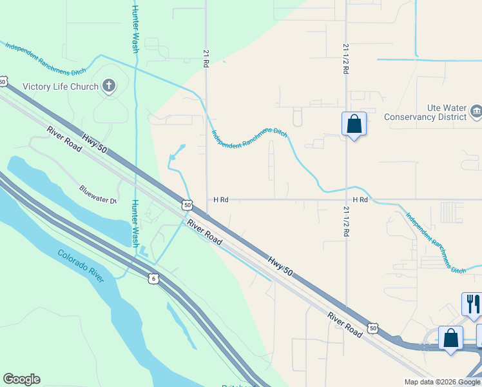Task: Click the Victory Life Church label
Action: point(60,86)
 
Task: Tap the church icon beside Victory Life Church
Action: point(109,86)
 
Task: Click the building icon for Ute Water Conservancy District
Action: point(476,112)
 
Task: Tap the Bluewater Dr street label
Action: point(97,195)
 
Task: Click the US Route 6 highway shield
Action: point(152,278)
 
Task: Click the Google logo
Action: point(21,379)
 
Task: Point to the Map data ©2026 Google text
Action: point(441,382)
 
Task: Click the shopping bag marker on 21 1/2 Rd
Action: point(354,123)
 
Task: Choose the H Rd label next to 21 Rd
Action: point(220,200)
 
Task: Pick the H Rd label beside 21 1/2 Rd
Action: point(360,200)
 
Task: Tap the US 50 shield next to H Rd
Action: point(187,204)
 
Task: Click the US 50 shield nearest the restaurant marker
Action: point(372,328)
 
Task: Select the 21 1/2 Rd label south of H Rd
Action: point(346,223)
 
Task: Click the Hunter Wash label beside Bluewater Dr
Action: point(135,223)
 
